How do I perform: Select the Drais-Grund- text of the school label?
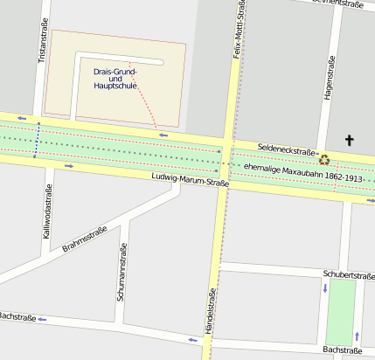[115, 71]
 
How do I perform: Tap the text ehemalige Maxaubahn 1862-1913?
[302, 172]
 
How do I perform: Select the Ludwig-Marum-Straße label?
[190, 180]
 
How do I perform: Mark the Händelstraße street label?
[210, 315]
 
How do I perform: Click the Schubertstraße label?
[348, 274]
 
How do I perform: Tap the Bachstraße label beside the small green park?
[342, 350]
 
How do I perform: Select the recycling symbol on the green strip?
[325, 159]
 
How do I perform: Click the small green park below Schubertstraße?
[341, 311]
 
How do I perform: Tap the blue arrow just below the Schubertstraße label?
[325, 288]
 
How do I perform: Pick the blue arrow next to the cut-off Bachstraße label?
[41, 320]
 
